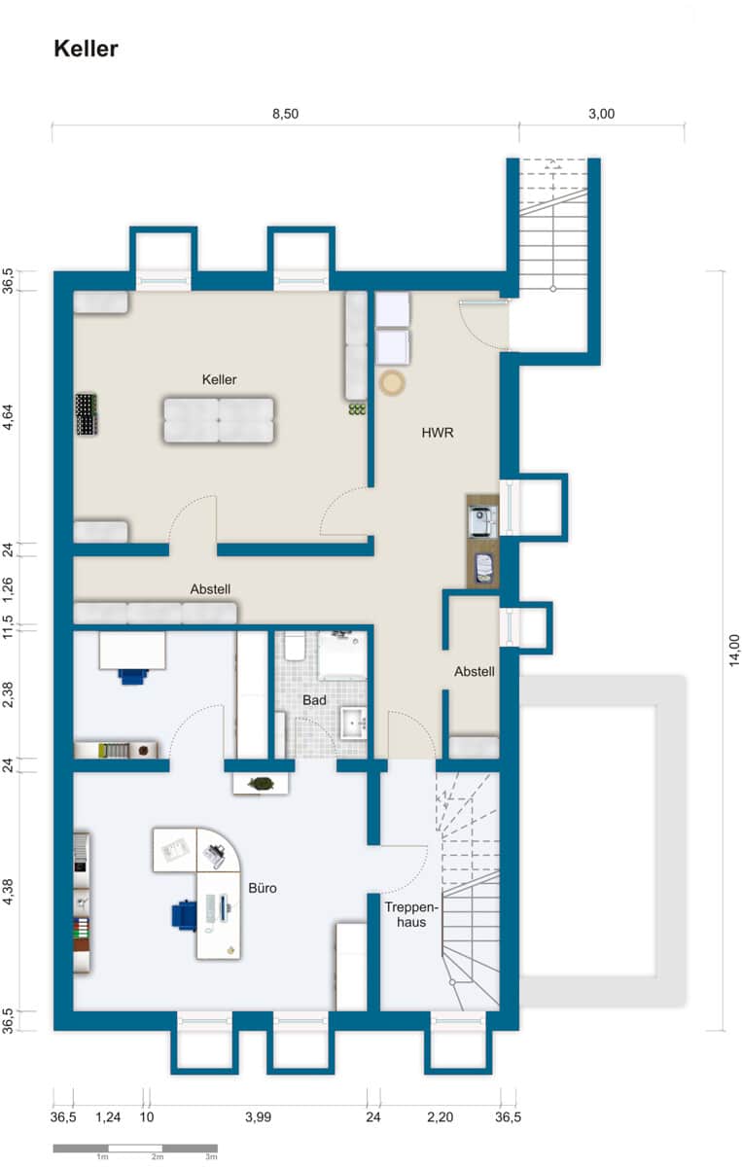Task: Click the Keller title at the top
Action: click(x=86, y=49)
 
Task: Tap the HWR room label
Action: click(x=438, y=433)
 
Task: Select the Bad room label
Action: click(x=314, y=700)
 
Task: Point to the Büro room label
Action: click(x=263, y=888)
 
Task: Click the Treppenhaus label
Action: click(x=411, y=914)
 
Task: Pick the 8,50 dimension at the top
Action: click(x=286, y=114)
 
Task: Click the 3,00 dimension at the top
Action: click(x=601, y=114)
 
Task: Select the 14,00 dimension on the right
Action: click(x=733, y=651)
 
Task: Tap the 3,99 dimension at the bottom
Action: click(x=258, y=1117)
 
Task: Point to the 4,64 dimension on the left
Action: click(x=8, y=417)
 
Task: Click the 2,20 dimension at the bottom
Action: click(x=440, y=1117)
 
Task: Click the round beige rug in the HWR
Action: click(x=392, y=383)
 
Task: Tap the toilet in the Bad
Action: click(x=295, y=646)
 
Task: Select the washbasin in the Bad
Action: click(x=354, y=724)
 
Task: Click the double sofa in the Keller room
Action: click(x=219, y=420)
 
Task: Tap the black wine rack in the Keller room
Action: click(x=87, y=414)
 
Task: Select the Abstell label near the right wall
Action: click(x=475, y=672)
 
